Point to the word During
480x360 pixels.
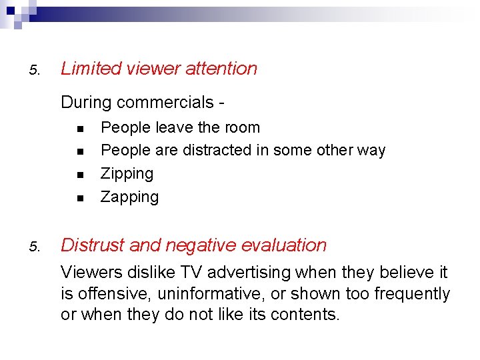(x=86, y=103)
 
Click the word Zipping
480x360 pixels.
(x=127, y=174)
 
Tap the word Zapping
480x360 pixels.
(x=129, y=197)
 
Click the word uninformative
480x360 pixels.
(x=212, y=294)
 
